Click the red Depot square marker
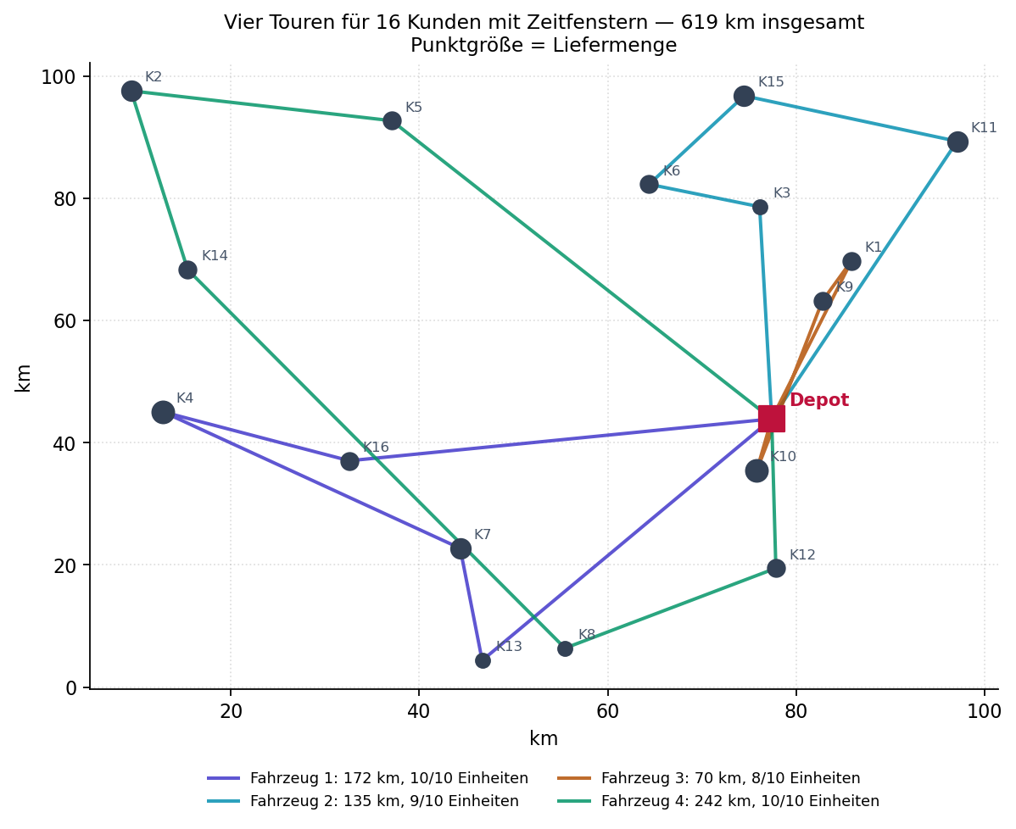pos(771,419)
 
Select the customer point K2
pos(132,92)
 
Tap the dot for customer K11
pos(957,142)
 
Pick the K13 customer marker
pos(483,660)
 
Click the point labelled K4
pos(164,412)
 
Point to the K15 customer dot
pos(744,97)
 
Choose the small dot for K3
pos(760,207)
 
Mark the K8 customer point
pos(565,648)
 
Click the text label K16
pos(376,447)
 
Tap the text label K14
pos(215,255)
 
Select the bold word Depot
pos(819,399)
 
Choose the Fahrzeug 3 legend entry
pos(709,778)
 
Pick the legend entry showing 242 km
pos(718,801)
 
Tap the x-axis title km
pos(544,738)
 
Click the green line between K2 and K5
pos(262,106)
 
